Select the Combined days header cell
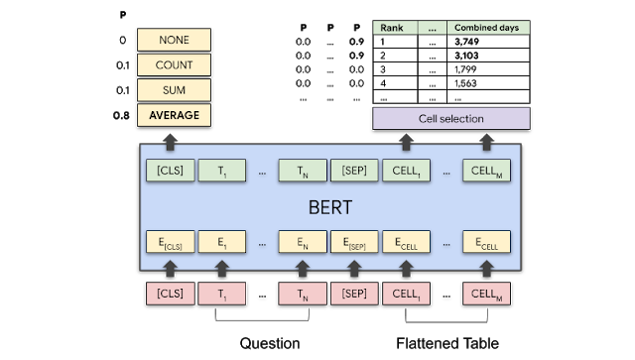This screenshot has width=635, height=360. click(x=486, y=28)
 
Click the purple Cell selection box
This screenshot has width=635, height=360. click(x=450, y=119)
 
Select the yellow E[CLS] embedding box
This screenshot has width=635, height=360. click(x=170, y=241)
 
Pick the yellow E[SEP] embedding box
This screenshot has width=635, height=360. click(x=353, y=241)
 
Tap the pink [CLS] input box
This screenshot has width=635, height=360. click(x=170, y=294)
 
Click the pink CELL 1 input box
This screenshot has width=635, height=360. click(x=406, y=294)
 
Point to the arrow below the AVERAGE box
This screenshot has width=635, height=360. click(x=170, y=138)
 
